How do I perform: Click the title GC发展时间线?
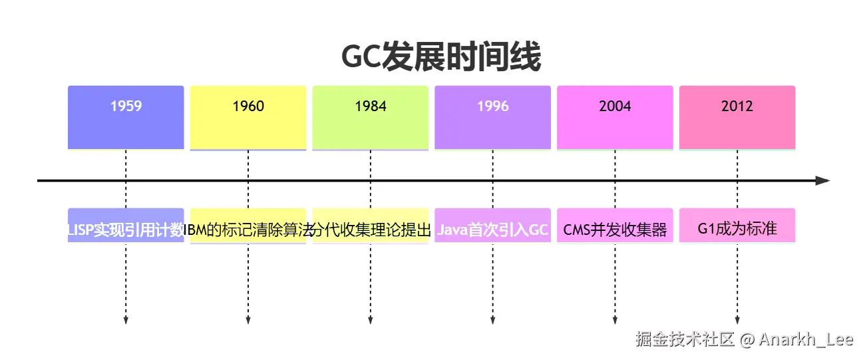click(x=440, y=58)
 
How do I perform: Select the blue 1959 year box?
click(x=126, y=117)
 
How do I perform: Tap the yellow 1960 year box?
click(x=248, y=117)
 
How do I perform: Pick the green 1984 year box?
click(x=371, y=117)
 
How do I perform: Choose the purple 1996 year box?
click(x=492, y=117)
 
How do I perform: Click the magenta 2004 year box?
click(x=615, y=117)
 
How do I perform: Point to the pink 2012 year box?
click(x=737, y=117)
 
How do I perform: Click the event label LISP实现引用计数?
click(x=126, y=230)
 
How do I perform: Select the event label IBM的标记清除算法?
click(x=248, y=230)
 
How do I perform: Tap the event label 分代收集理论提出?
click(x=371, y=230)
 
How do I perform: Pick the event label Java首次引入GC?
click(x=492, y=230)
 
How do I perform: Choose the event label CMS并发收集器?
click(x=615, y=230)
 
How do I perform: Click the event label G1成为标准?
click(x=737, y=230)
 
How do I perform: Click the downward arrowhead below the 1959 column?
click(x=126, y=321)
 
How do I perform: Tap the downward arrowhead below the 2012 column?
click(x=737, y=321)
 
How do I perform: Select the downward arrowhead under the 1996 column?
click(x=492, y=321)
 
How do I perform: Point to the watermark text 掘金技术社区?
click(x=685, y=340)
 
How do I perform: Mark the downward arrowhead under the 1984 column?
click(x=371, y=321)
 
